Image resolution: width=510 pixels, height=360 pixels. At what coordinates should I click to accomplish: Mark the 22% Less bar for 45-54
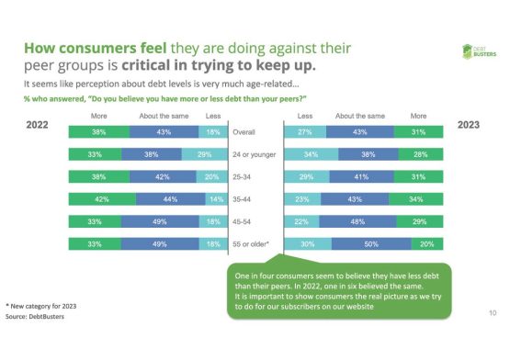[300, 221]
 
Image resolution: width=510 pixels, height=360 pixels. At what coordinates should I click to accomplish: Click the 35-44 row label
[244, 199]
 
